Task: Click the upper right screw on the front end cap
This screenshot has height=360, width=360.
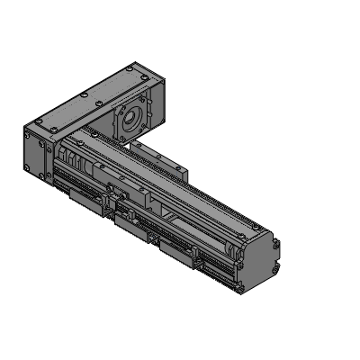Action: (x=274, y=243)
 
